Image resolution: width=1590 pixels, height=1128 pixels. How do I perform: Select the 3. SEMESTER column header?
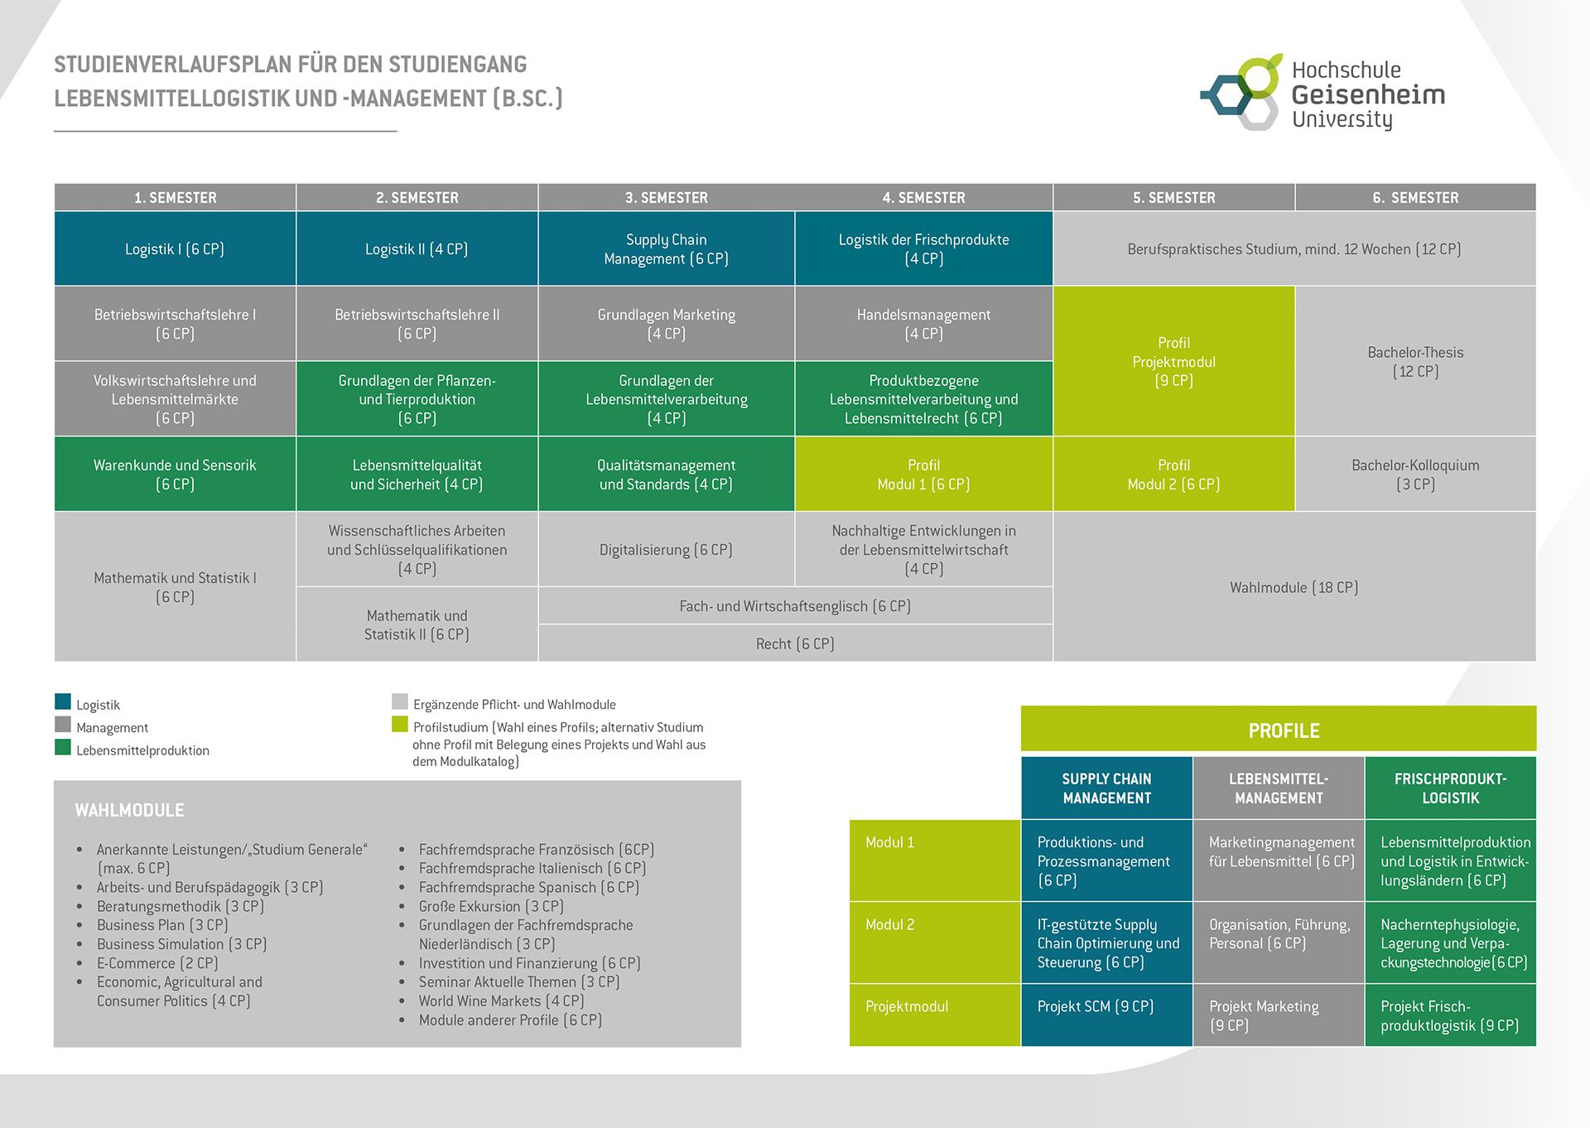(666, 198)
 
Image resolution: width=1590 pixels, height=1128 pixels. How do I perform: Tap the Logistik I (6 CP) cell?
(175, 248)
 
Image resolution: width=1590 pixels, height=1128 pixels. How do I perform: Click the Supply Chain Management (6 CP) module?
(666, 248)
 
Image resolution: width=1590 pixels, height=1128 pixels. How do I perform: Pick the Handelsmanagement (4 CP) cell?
(923, 324)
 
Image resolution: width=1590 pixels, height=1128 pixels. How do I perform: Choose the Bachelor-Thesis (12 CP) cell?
(1415, 361)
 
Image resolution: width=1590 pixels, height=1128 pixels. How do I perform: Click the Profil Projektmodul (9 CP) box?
(1173, 361)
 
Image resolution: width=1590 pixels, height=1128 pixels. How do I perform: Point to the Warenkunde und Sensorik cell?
(175, 474)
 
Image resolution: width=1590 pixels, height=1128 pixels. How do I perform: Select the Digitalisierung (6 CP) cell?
(666, 549)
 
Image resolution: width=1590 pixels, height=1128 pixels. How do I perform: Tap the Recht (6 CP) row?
(795, 644)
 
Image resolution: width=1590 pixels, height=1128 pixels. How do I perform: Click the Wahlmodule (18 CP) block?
(1294, 587)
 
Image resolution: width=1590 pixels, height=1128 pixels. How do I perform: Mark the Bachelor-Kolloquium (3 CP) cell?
(1415, 474)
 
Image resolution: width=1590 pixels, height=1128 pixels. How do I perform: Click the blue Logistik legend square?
(63, 702)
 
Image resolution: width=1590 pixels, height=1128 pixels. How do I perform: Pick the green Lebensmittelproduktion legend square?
(63, 747)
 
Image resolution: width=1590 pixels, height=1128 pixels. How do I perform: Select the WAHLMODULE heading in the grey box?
(130, 810)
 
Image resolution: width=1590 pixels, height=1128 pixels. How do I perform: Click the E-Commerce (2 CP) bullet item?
(157, 963)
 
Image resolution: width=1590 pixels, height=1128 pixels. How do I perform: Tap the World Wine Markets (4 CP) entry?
(501, 1000)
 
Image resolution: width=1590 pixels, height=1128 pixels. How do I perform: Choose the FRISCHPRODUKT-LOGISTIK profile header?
(1450, 788)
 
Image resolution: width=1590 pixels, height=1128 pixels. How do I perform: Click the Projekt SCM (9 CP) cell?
(1095, 1006)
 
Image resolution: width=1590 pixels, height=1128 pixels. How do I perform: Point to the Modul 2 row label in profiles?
(890, 924)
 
